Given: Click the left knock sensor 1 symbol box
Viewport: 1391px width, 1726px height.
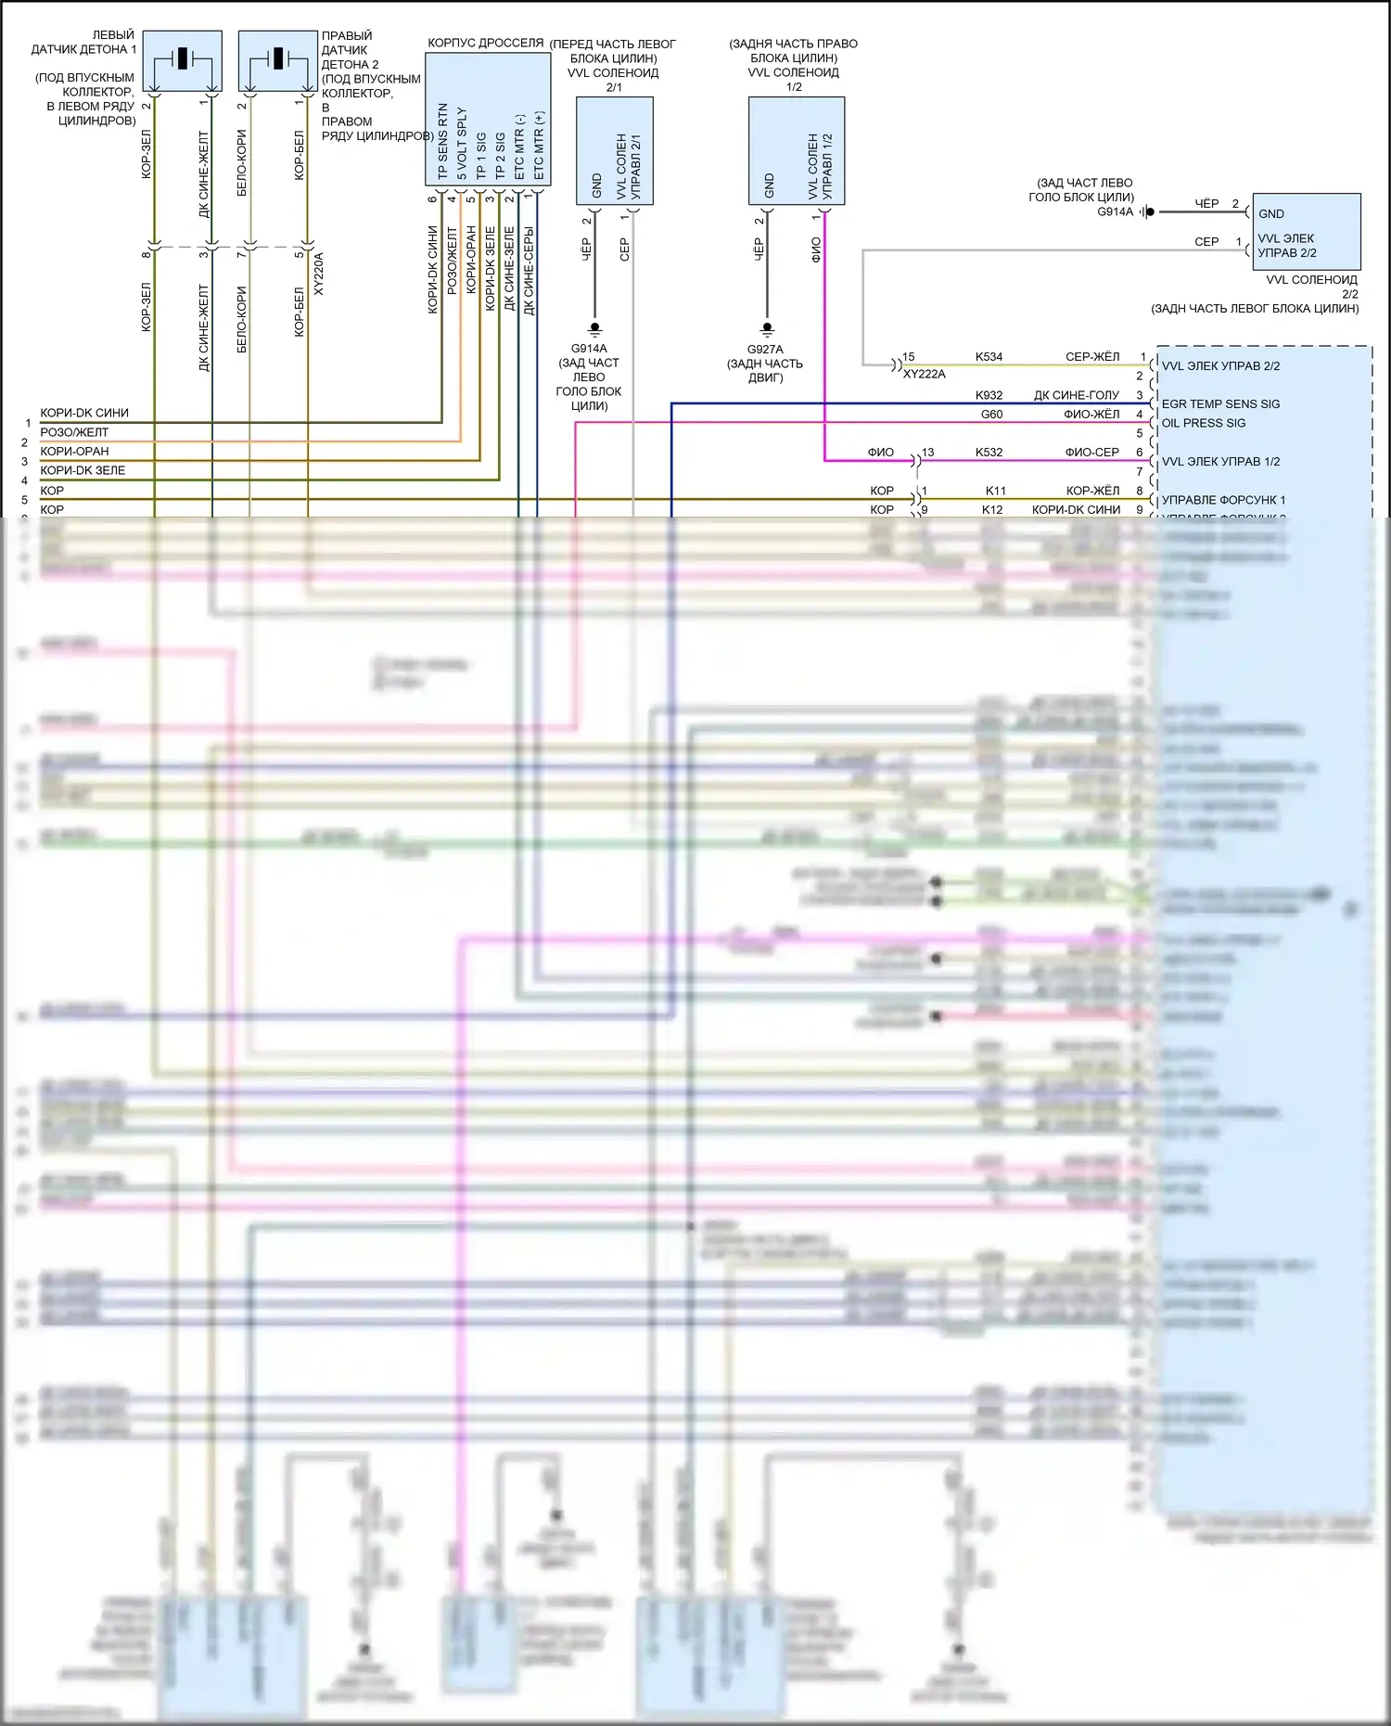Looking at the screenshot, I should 183,60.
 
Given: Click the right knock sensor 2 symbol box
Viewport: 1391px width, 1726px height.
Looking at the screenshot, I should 277,60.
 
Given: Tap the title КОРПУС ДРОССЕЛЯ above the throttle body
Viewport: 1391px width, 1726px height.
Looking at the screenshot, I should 485,43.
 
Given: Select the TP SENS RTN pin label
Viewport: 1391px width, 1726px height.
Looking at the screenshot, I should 442,141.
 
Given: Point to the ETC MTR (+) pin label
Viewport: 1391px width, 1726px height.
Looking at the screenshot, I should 539,146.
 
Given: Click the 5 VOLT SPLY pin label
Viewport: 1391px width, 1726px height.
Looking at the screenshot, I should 462,144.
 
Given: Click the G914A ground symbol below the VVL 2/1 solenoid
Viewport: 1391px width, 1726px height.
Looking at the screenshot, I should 595,328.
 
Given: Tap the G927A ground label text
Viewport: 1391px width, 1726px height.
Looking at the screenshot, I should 765,350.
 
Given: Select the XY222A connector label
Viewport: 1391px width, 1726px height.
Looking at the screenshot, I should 924,374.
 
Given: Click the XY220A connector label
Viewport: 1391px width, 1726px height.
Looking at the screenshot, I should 319,274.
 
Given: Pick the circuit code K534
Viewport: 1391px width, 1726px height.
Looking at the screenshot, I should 989,356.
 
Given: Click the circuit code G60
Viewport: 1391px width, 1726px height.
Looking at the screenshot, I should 991,415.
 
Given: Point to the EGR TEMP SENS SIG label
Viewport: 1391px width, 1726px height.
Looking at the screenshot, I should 1220,403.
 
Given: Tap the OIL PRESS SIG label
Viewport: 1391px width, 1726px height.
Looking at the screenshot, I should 1204,423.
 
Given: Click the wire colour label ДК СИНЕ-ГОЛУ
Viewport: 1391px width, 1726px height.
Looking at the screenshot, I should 1076,395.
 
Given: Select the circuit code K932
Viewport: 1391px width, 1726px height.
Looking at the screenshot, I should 989,395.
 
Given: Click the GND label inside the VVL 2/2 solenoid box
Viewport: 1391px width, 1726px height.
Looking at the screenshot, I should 1270,213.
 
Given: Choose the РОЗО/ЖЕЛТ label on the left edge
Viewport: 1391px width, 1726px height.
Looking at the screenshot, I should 74,432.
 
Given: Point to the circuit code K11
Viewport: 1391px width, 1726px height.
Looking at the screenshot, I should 995,491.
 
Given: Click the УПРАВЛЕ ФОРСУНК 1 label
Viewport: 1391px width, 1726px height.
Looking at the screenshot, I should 1223,500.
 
